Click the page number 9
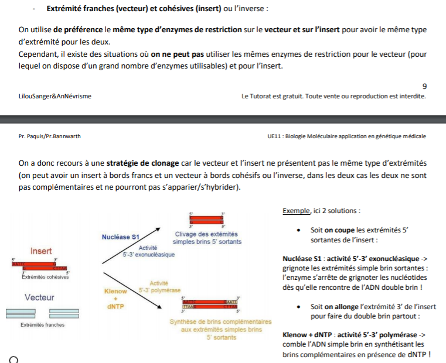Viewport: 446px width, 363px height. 424,86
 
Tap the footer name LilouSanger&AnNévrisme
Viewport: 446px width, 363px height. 55,96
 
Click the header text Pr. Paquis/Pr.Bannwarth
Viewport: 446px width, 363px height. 50,136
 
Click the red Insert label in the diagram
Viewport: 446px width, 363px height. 41,251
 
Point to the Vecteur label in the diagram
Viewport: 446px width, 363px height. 40,297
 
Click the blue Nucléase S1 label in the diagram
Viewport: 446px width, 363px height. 120,237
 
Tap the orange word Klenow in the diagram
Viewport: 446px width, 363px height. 115,292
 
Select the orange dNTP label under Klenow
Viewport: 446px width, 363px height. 115,306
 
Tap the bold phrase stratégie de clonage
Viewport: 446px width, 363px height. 142,162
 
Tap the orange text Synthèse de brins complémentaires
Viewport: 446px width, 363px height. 220,322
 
